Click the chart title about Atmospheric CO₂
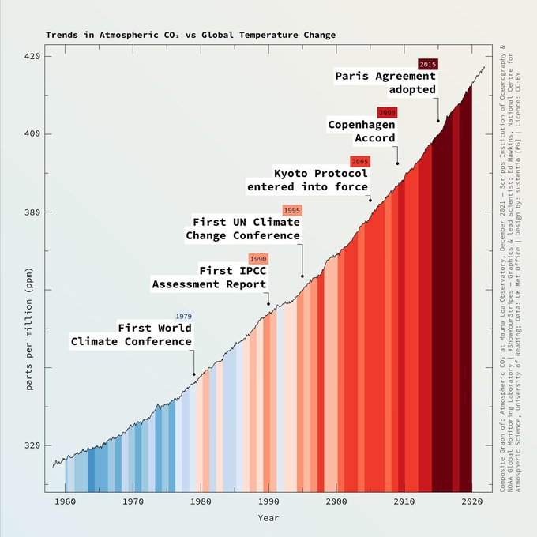click(190, 36)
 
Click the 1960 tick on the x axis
click(66, 501)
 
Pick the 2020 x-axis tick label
click(472, 501)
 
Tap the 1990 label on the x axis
click(268, 501)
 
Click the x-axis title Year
click(268, 518)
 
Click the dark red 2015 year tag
click(427, 64)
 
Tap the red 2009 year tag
click(387, 113)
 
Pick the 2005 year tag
click(360, 162)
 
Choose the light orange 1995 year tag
click(292, 211)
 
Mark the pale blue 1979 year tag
click(183, 317)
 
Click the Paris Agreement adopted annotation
click(385, 83)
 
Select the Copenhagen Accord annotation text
click(362, 132)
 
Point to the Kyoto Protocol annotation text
click(308, 180)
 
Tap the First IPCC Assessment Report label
click(210, 277)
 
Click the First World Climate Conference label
click(132, 335)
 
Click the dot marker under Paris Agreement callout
click(438, 121)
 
